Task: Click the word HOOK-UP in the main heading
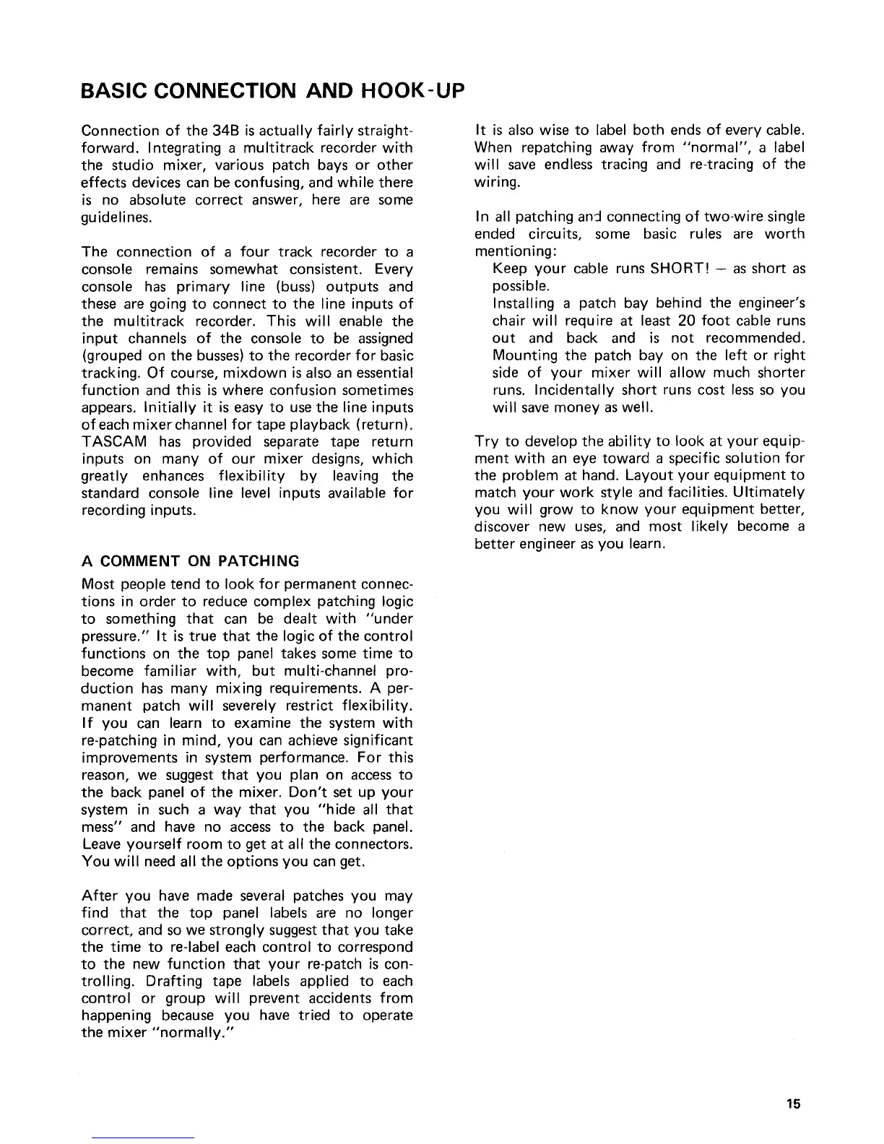coord(407,92)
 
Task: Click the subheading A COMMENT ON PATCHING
coord(191,561)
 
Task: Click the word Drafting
coord(157,981)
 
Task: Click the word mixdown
coord(227,373)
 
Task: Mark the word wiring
coord(497,183)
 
